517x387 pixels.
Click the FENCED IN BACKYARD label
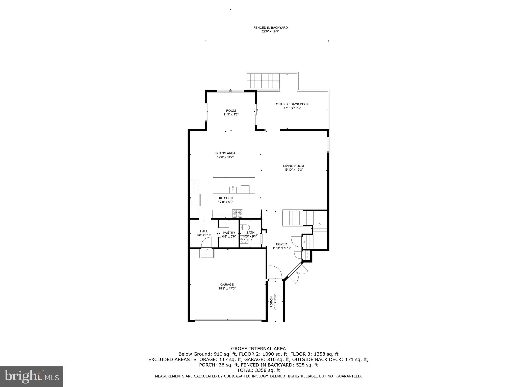point(270,28)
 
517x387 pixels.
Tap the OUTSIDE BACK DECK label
point(292,104)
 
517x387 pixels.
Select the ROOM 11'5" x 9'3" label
point(231,112)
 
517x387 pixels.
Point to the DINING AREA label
point(225,153)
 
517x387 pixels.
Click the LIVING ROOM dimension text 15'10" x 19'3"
point(293,170)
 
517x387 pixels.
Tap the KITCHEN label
point(226,198)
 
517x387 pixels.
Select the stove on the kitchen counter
point(238,214)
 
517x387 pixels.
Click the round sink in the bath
point(244,240)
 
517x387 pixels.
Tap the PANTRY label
point(229,233)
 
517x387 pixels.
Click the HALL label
point(204,231)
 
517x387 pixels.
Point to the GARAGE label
point(227,285)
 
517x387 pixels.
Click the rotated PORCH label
point(272,302)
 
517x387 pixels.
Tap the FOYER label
point(281,244)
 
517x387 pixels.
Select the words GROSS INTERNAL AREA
point(258,349)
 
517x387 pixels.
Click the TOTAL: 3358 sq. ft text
point(258,370)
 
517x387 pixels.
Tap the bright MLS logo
point(32,377)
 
